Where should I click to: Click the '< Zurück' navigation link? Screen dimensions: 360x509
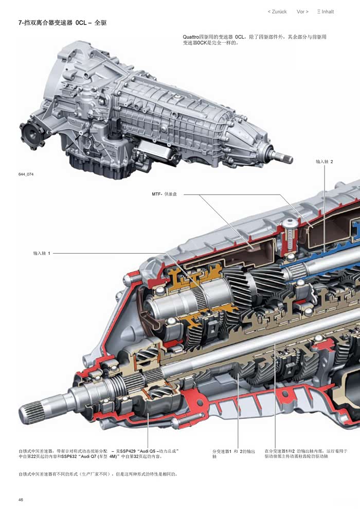[x=277, y=12]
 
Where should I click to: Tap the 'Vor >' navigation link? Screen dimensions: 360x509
[x=302, y=12]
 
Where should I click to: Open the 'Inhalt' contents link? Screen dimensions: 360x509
[x=326, y=12]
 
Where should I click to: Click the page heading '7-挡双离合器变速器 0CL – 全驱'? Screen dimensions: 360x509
[x=63, y=23]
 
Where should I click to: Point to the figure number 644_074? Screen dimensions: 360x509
[x=26, y=174]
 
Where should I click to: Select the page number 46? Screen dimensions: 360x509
[x=21, y=500]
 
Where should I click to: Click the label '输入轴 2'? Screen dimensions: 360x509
[x=325, y=161]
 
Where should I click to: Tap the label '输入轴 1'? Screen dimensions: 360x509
[x=42, y=253]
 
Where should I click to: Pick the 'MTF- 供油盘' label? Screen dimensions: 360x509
[x=165, y=194]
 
